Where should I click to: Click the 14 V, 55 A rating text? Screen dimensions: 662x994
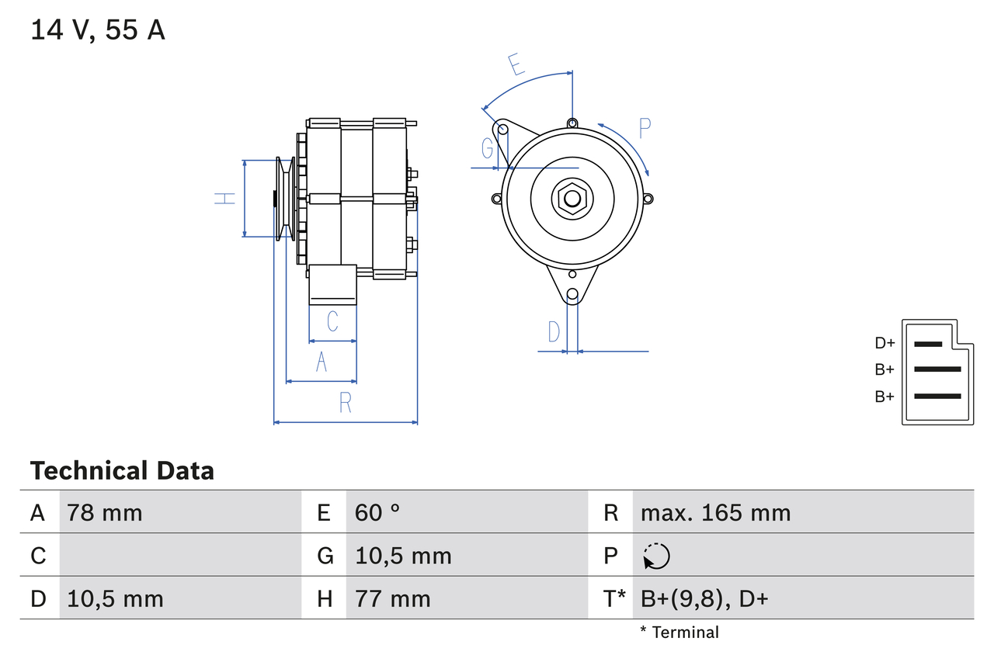pyautogui.click(x=98, y=30)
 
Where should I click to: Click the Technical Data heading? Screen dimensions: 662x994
pyautogui.click(x=122, y=470)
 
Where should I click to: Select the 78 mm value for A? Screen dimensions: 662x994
pyautogui.click(x=105, y=512)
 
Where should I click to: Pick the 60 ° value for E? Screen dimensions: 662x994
pyautogui.click(x=377, y=512)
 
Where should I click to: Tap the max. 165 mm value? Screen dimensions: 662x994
pyautogui.click(x=715, y=512)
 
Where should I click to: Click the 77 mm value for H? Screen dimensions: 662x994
pyautogui.click(x=392, y=598)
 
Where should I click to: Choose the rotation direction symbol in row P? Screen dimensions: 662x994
pyautogui.click(x=656, y=556)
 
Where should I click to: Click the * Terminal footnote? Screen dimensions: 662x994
pyautogui.click(x=679, y=633)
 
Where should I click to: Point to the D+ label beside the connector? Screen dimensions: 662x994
pyautogui.click(x=885, y=343)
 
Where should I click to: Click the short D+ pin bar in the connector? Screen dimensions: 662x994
pyautogui.click(x=928, y=344)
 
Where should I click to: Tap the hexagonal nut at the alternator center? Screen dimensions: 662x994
pyautogui.click(x=572, y=198)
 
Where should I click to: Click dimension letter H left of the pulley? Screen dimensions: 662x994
pyautogui.click(x=225, y=199)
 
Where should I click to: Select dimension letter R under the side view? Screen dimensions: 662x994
pyautogui.click(x=346, y=403)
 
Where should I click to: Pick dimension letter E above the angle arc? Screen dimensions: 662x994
pyautogui.click(x=516, y=64)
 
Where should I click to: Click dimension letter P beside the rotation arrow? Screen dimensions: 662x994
pyautogui.click(x=645, y=128)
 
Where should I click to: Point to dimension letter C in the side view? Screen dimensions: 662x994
pyautogui.click(x=332, y=321)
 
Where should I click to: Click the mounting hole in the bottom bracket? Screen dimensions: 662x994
pyautogui.click(x=572, y=294)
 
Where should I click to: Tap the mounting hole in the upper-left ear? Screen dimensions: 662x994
pyautogui.click(x=502, y=130)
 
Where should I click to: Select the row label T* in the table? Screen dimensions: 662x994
pyautogui.click(x=614, y=598)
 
